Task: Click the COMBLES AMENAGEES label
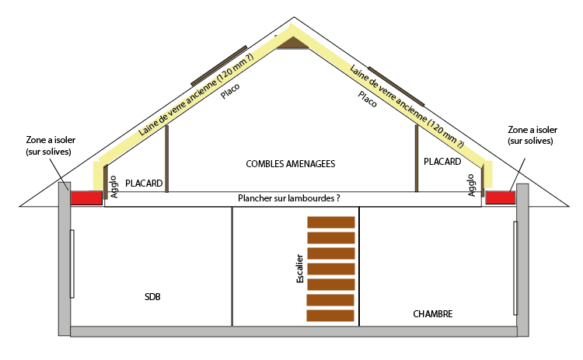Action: tap(290, 164)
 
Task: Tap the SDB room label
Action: tap(152, 298)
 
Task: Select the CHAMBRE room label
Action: tap(433, 314)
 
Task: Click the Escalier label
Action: tap(300, 268)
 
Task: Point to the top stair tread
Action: tap(331, 222)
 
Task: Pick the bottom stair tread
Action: tap(331, 315)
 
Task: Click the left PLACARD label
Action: tap(144, 183)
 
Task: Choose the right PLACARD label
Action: tap(443, 162)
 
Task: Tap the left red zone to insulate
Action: tap(86, 198)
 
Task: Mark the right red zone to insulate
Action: tap(501, 197)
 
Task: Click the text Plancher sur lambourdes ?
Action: tap(289, 199)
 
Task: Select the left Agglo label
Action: tap(114, 187)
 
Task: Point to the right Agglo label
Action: tap(471, 186)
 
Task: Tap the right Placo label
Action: tap(368, 99)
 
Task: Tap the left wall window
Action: tap(72, 264)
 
